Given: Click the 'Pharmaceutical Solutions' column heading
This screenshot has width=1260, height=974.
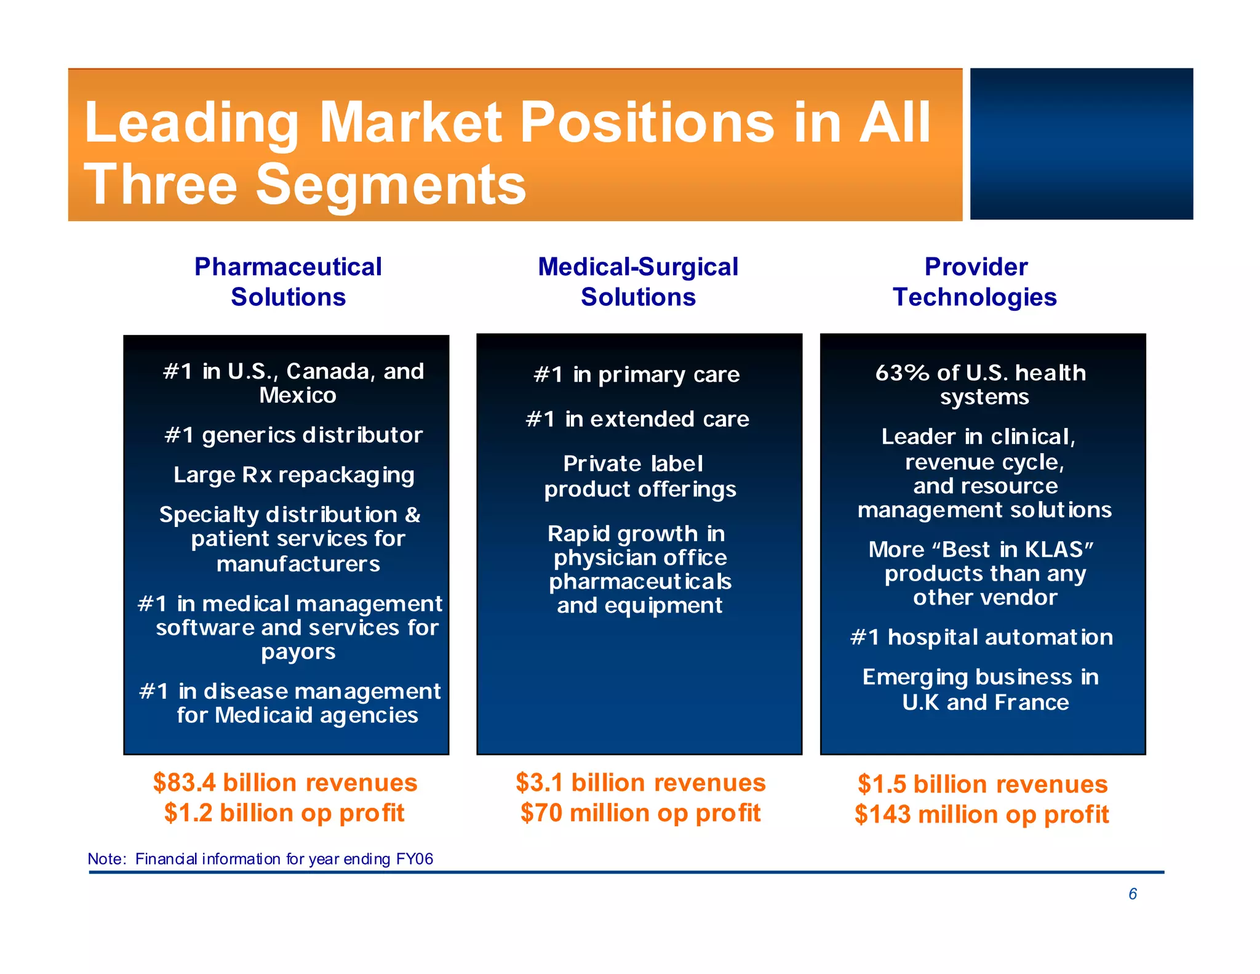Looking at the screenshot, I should pos(288,281).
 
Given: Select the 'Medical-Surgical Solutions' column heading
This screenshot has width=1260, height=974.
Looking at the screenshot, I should pos(638,281).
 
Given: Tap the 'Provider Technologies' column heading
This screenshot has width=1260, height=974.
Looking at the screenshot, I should pos(975,281).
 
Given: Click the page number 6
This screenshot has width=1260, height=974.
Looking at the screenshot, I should pos(1132,894).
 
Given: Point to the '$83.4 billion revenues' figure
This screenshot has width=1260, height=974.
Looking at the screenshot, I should pos(285,783).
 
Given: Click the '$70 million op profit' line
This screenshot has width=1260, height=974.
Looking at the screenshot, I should pos(640,813).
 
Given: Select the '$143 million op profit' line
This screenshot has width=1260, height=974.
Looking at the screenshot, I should pos(981,815).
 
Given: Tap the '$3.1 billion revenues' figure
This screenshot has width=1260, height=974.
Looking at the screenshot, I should pos(640,783).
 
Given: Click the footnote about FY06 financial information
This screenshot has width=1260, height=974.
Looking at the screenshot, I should pos(260,859).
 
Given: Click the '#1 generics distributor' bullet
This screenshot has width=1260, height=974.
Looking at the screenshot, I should pos(293,435).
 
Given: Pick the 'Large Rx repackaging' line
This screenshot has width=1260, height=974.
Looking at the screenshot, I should pos(293,475).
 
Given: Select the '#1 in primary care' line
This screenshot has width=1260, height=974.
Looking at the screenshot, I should pos(637,375).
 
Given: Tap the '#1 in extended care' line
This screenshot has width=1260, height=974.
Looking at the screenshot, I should pos(637,419).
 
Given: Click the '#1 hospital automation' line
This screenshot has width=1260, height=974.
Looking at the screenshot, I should pos(981,637).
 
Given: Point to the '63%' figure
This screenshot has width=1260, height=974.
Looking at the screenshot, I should pos(902,373).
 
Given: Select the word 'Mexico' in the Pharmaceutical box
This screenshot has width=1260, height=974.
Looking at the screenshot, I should pos(298,395).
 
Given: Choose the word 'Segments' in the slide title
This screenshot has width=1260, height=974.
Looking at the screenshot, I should pos(391,184).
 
